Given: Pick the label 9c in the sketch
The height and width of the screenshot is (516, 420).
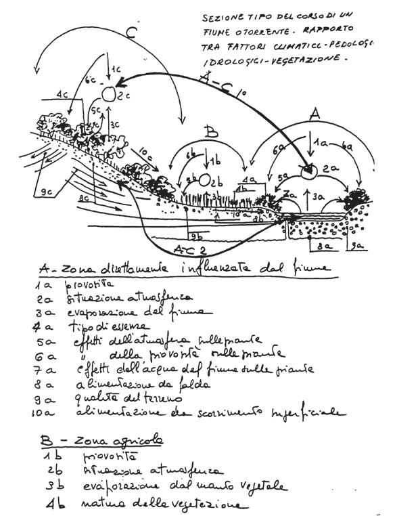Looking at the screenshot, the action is pyautogui.click(x=47, y=192).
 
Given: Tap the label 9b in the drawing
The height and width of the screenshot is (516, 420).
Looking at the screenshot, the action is pyautogui.click(x=195, y=236).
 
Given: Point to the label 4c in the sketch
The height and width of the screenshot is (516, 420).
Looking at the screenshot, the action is pyautogui.click(x=65, y=93).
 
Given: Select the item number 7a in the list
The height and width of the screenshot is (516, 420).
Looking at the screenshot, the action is pyautogui.click(x=42, y=369).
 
